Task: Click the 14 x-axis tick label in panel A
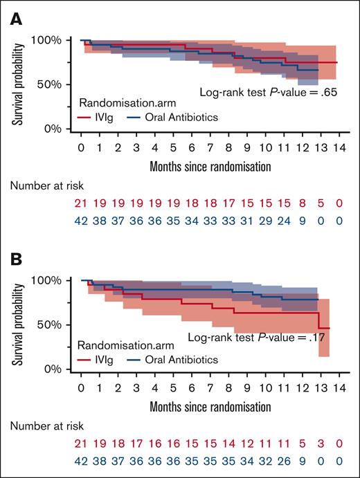(x=337, y=147)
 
